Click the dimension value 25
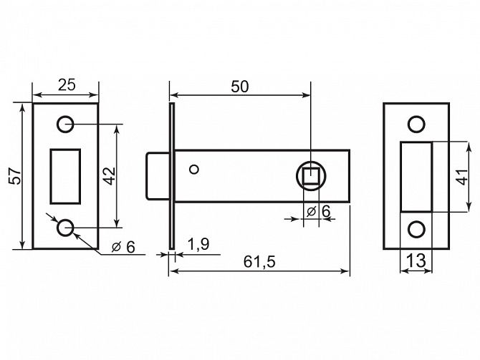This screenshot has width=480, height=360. coord(67,84)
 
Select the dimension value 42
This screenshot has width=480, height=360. coord(110,176)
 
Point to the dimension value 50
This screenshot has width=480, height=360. coord(240,87)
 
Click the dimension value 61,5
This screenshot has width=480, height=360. coord(259,262)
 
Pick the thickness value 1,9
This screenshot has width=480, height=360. coord(198,244)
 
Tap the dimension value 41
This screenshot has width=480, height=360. coord(462,177)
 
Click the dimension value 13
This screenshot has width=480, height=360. coord(416,261)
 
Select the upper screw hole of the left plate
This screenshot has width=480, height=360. coord(65,125)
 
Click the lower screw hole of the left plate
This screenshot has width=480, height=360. coord(65,228)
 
